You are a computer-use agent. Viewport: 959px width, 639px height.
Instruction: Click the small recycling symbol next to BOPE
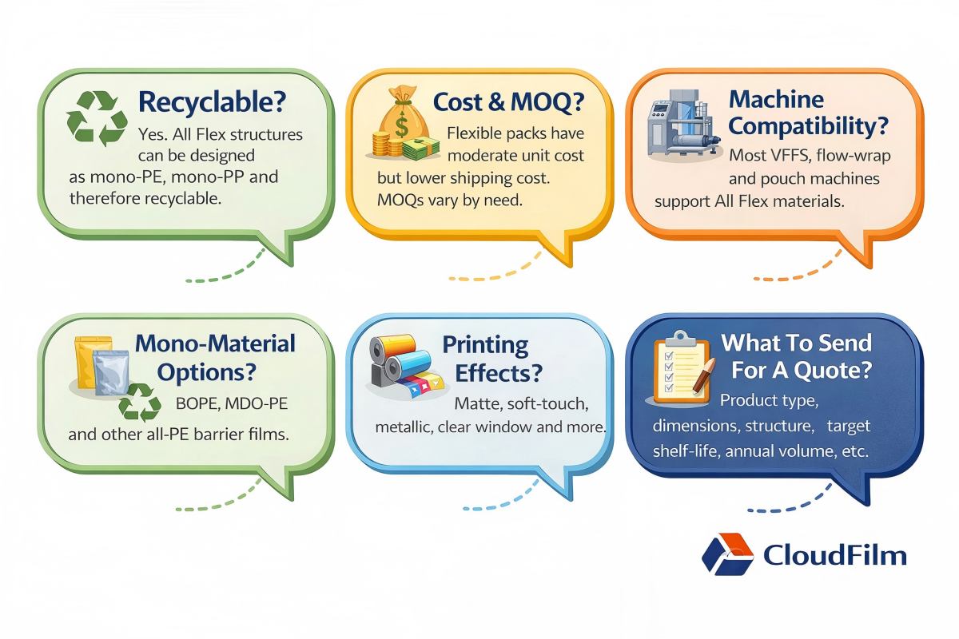pyautogui.click(x=140, y=403)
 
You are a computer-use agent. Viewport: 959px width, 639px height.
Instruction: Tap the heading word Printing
pyautogui.click(x=486, y=346)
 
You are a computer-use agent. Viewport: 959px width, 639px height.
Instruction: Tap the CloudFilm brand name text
pyautogui.click(x=834, y=555)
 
